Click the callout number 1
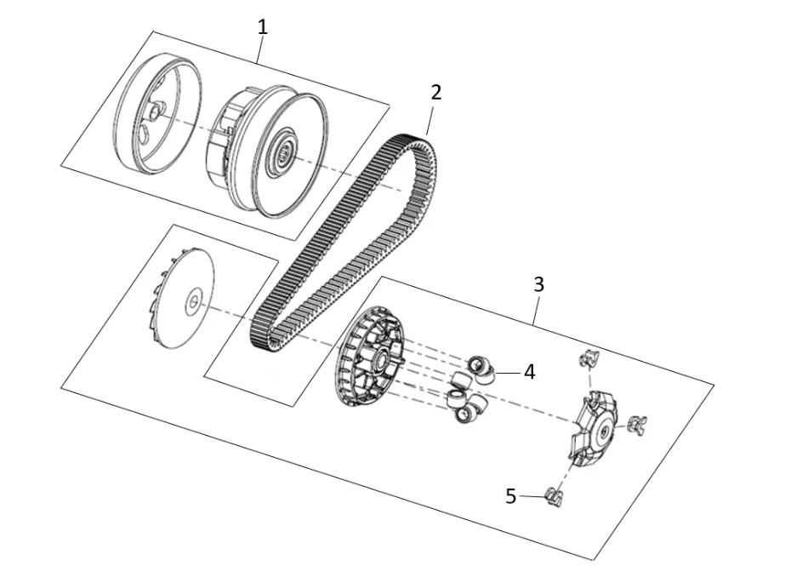pos(263,27)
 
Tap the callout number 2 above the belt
pos(435,93)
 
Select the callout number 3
pos(538,284)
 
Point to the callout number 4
pos(529,372)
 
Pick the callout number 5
pos(510,496)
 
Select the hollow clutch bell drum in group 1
pos(156,113)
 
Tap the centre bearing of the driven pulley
pos(284,152)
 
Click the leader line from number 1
pos(260,49)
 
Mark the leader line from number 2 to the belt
pos(430,118)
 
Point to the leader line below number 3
pos(537,310)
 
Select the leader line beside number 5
pos(532,496)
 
